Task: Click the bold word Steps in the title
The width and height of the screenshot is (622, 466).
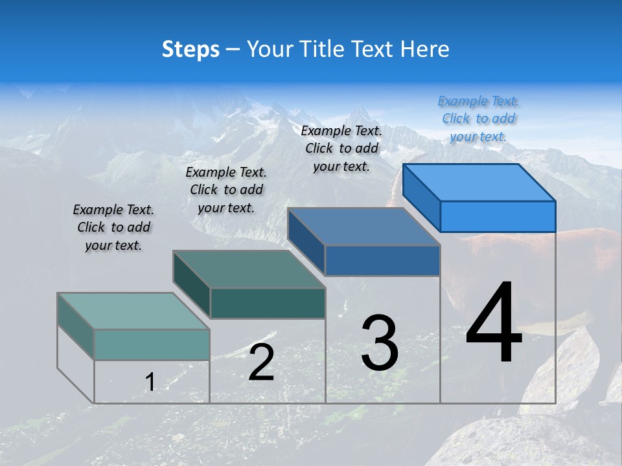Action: pyautogui.click(x=190, y=49)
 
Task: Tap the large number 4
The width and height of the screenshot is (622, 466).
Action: pyautogui.click(x=494, y=323)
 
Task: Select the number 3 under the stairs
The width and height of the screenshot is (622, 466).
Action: pyautogui.click(x=380, y=343)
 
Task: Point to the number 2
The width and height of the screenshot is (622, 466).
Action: pyautogui.click(x=262, y=362)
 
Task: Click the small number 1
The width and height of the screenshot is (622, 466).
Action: pyautogui.click(x=150, y=383)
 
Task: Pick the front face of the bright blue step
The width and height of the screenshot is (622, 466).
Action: pyautogui.click(x=498, y=216)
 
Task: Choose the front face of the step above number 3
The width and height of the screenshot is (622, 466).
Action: pyautogui.click(x=382, y=261)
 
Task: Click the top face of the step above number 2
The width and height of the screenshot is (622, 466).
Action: pyautogui.click(x=249, y=269)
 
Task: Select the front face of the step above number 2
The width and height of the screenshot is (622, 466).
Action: pyautogui.click(x=268, y=304)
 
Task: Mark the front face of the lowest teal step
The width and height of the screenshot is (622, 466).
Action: pyautogui.click(x=152, y=344)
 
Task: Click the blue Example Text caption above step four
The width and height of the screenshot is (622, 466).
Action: pyautogui.click(x=478, y=118)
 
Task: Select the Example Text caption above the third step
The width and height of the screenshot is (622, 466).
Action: pyautogui.click(x=341, y=148)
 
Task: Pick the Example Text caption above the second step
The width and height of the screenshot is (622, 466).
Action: pyautogui.click(x=226, y=190)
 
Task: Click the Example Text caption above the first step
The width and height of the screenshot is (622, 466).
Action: pyautogui.click(x=113, y=227)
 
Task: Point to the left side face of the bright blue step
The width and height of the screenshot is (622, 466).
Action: pyautogui.click(x=422, y=197)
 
